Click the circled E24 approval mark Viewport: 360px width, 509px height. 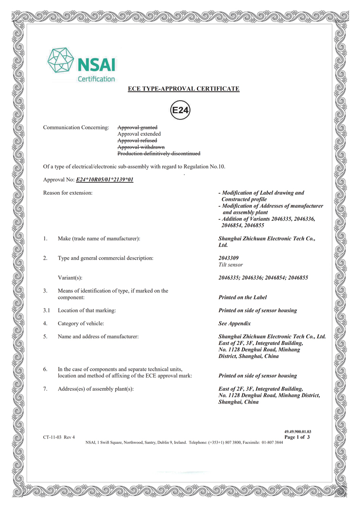(180, 111)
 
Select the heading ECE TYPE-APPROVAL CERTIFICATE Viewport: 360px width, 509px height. (183, 89)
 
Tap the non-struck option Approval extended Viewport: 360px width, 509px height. (139, 134)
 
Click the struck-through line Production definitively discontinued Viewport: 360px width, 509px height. (159, 154)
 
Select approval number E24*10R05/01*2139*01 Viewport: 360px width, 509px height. (105, 180)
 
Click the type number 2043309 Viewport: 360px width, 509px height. (228, 258)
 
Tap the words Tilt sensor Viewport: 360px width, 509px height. (230, 265)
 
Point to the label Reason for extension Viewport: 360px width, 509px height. (68, 193)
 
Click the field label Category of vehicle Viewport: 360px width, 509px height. (81, 323)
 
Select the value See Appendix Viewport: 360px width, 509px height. (235, 323)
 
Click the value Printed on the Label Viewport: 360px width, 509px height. (242, 297)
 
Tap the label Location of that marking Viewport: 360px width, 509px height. (86, 310)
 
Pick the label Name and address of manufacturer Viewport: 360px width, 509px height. (98, 336)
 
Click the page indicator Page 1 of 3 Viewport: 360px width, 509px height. (297, 437)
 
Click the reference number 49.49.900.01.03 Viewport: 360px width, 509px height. (298, 432)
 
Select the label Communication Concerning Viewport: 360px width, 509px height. (76, 128)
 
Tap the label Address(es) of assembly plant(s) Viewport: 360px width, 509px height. (96, 389)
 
